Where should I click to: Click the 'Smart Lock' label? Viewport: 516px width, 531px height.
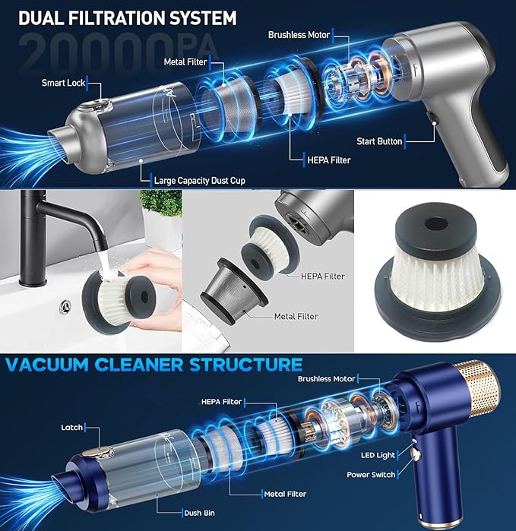pos(63,83)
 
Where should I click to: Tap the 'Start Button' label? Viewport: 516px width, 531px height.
pos(379,141)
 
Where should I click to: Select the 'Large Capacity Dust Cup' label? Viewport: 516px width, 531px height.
pos(199,181)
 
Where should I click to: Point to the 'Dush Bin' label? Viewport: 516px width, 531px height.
pos(199,513)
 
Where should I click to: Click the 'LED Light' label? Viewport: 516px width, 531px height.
pos(378,455)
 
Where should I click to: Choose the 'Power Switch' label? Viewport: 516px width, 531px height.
pos(371,475)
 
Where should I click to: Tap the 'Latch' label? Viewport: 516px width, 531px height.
pos(72,428)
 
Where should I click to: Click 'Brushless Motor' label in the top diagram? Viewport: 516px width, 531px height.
pos(299,35)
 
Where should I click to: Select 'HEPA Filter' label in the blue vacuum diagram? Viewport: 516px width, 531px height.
pos(221,402)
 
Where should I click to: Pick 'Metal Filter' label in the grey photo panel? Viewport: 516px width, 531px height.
pos(296,316)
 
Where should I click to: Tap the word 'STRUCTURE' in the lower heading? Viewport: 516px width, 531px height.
pos(245,365)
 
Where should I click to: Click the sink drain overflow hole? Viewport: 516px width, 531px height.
pos(65,307)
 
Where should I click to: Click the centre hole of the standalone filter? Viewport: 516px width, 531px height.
pos(436,224)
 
